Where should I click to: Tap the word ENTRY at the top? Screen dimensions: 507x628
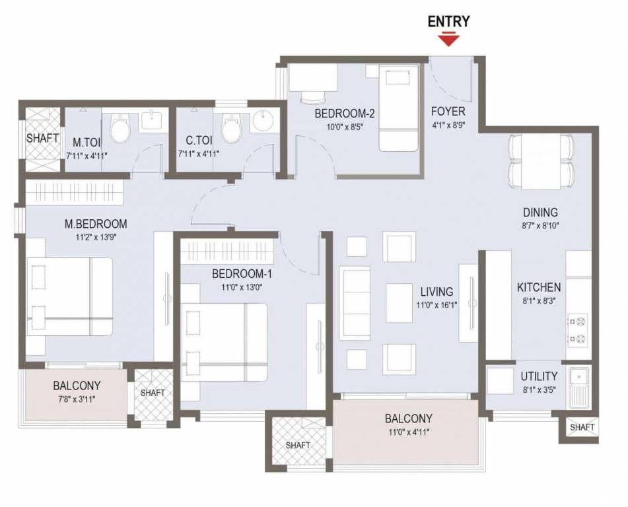pos(449,21)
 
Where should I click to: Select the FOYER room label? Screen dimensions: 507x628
pos(448,111)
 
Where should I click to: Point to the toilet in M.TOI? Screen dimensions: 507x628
pos(120,128)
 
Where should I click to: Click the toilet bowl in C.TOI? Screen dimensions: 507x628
pos(232,128)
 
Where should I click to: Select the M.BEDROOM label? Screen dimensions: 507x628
pos(95,224)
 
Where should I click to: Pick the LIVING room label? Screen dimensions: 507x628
pos(436,291)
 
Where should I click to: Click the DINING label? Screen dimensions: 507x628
pos(540,213)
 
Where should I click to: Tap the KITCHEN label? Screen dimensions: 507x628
pos(539,287)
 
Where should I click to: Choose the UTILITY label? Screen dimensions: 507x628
pos(539,376)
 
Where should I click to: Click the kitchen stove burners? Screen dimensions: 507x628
pos(579,331)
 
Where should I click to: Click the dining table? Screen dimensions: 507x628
pos(541,160)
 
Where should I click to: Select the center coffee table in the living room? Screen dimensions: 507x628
pos(399,302)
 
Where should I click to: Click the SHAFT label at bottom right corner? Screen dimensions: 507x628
pos(582,427)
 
